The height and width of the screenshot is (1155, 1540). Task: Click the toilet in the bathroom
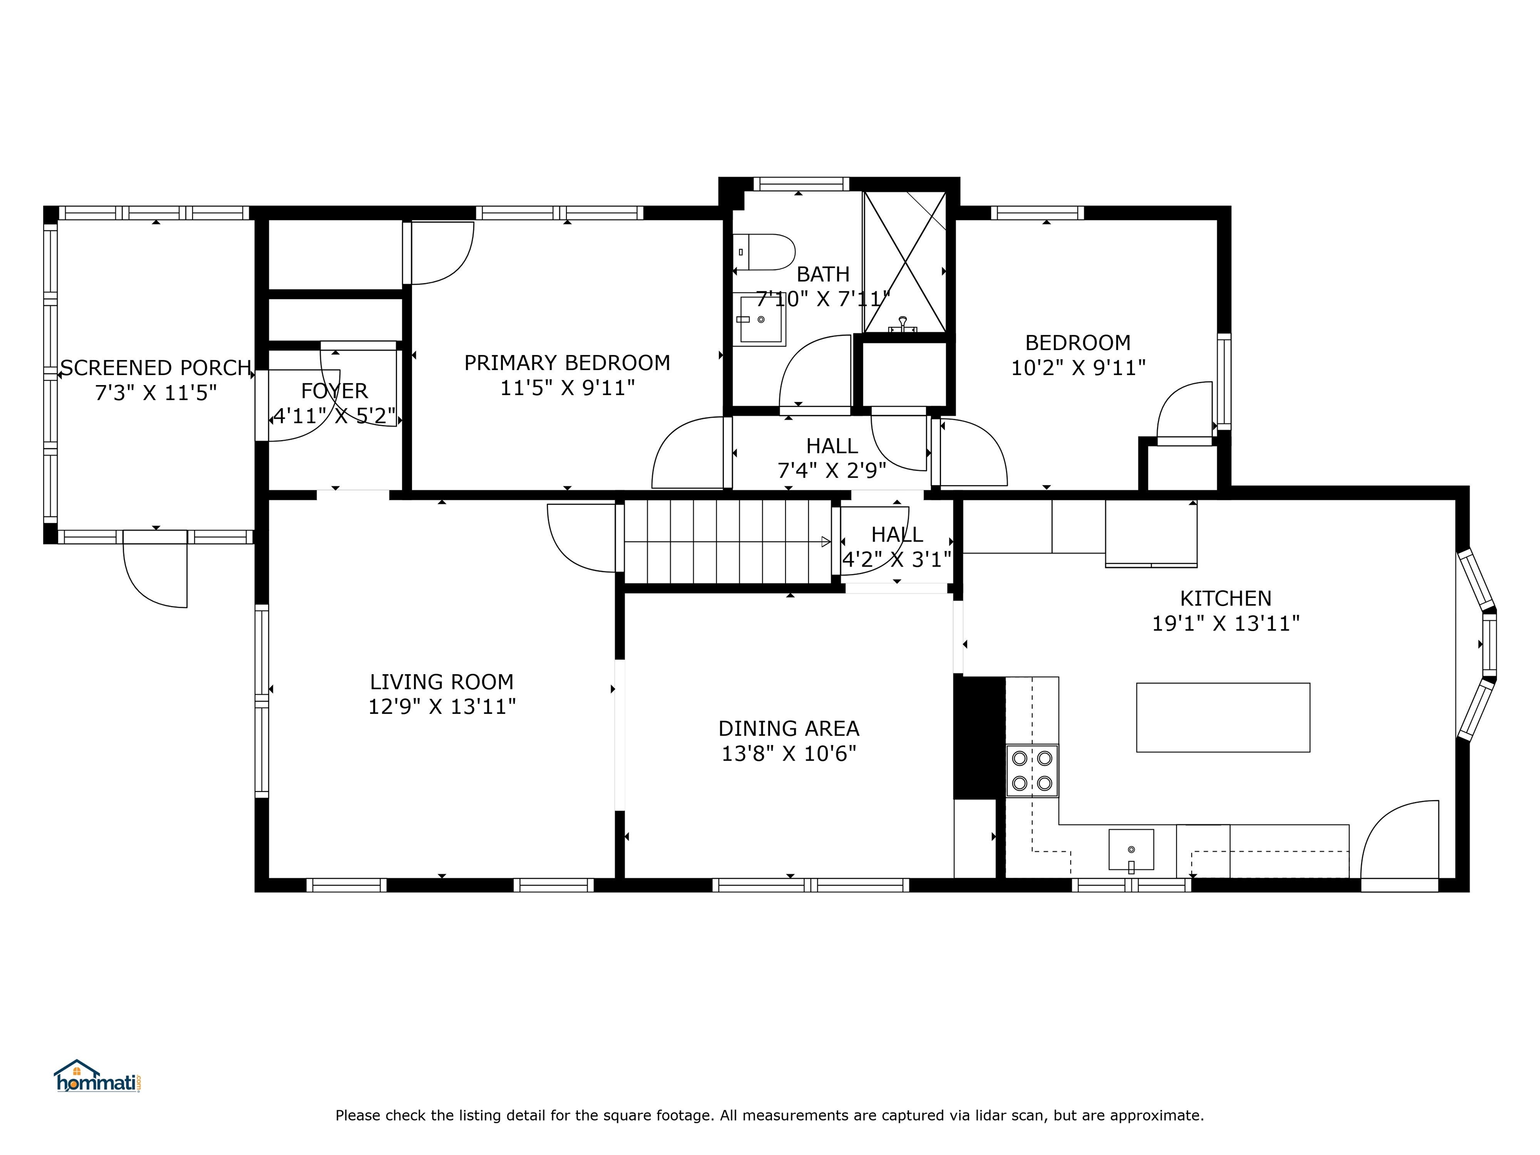coord(764,252)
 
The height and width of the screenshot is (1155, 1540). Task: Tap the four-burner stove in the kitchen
coord(1032,771)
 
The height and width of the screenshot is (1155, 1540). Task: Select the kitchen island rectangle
coord(1223,718)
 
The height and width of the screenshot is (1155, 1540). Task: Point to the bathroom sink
coord(761,319)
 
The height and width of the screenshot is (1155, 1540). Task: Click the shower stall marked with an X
coord(905,262)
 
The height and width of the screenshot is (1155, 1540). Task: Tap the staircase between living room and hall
coord(727,541)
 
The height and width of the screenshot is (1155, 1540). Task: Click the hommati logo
coord(98,1076)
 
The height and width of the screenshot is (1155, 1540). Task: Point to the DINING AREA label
coord(789,728)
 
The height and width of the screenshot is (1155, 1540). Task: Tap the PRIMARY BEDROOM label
coord(567,363)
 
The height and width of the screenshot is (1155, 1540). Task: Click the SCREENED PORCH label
coord(156,367)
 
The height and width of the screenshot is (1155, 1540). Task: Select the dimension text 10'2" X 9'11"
coord(1078,367)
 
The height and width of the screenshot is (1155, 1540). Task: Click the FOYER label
coord(334,391)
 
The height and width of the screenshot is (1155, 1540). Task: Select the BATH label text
coord(823,274)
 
